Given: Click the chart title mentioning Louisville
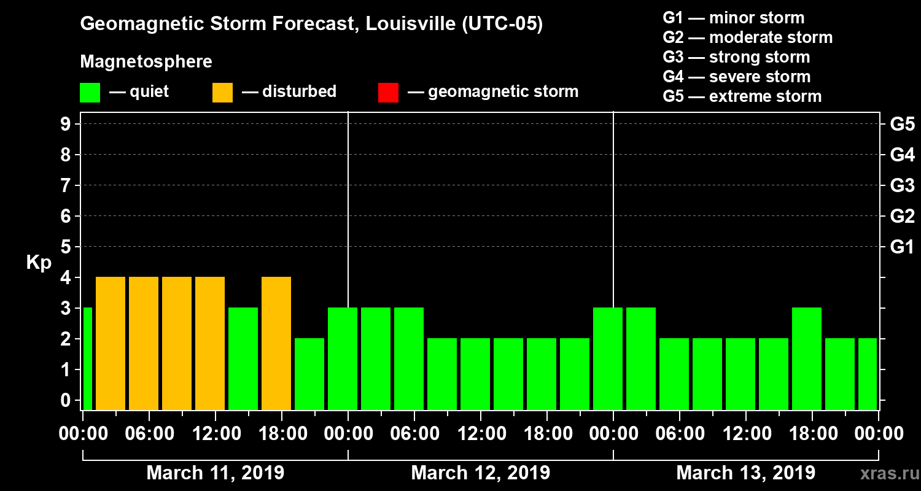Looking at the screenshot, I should coord(311,25).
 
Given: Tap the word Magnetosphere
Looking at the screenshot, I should coord(146,62).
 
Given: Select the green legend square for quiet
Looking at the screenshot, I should coord(90,92).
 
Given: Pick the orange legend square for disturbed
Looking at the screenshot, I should coord(222,92).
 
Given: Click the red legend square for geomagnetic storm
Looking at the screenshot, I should coord(388,92).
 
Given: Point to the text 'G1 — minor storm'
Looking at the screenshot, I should coord(733,18).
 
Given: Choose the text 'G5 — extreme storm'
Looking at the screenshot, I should coord(742,96).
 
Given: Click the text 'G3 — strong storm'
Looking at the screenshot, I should coord(736,57).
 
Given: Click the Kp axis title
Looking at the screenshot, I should coord(39,263).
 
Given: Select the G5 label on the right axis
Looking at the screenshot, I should coord(902,124).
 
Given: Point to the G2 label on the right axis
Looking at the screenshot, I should coord(902,216).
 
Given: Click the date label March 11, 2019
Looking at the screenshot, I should coord(215,473).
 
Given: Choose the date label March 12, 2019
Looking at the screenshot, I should coord(480,473).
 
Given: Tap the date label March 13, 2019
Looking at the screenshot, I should coord(745,473).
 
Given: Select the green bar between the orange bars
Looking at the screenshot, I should coord(243,358).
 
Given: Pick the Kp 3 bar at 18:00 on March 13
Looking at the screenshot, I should coord(807,358).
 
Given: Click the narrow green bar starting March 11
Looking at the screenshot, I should coord(87,358).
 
